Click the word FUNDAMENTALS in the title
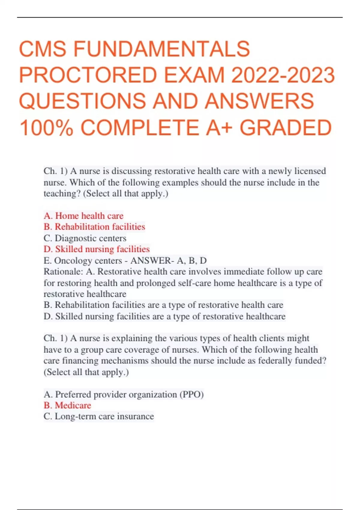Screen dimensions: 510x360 point(161,49)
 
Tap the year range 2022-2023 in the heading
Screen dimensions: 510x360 point(283,75)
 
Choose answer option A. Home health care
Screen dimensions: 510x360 point(83,216)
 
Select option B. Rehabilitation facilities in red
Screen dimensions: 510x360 point(94,227)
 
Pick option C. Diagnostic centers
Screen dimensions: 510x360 point(85,238)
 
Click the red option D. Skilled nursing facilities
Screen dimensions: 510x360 point(97,249)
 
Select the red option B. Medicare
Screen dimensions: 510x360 point(67,405)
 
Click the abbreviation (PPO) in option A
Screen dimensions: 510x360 point(191,394)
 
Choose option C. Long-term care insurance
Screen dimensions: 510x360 point(99,416)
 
